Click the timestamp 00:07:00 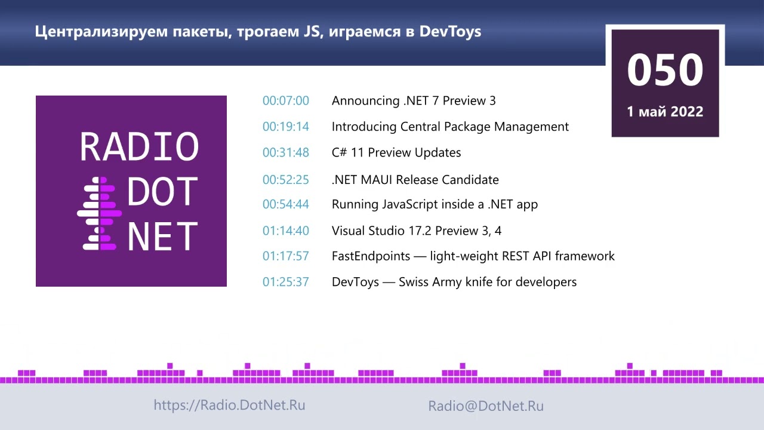pos(286,101)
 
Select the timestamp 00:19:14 pos(286,127)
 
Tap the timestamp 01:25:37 pos(286,282)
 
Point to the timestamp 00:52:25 pos(286,180)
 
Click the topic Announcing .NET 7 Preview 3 pos(414,101)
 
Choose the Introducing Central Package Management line pos(450,127)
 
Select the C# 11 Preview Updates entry pos(396,153)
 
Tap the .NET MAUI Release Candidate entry pos(415,180)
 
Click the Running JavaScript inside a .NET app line pos(435,204)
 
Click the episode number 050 pos(665,70)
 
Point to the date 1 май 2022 pos(665,112)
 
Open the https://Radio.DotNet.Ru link pos(229,405)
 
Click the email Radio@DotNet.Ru pos(486,406)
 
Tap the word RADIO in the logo pos(139,147)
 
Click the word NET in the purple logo pos(162,236)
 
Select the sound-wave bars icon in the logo pos(100,213)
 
